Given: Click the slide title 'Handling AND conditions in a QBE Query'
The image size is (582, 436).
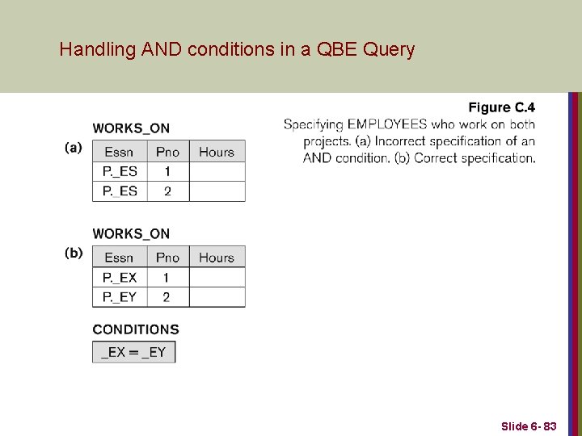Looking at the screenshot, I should coord(237,50).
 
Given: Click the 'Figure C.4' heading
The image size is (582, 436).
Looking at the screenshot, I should coord(501,107).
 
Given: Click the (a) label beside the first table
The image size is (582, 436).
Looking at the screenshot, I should coord(74,148).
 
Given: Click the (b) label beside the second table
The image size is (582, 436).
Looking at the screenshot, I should coord(74,253).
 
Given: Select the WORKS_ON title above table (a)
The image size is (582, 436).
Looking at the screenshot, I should coord(131,128).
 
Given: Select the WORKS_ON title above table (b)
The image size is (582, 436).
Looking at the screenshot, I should coord(131,234).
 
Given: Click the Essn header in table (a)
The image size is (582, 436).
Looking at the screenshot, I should coord(119,152).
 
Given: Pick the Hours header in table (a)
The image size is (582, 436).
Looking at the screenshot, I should coord(216,152).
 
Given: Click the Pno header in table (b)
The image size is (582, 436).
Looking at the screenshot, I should coord(167,258).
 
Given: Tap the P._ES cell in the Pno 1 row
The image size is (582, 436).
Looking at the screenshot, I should coord(120,172).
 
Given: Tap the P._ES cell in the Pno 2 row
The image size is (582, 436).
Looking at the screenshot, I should coord(120,191).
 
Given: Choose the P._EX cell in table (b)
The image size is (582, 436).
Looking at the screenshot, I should coord(120,278).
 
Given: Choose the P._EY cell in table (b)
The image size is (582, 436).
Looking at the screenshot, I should coord(120,297).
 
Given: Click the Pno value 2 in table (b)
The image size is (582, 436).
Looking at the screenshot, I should coord(167,297).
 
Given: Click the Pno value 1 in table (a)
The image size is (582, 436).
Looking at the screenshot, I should coord(167,172).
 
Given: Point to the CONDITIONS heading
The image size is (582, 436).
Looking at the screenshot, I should coord(136,329).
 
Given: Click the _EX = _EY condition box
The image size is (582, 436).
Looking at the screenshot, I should coord(133,352).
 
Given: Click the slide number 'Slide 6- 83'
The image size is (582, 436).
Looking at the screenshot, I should coord(529,426).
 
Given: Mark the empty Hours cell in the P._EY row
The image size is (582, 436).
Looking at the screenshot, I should coord(216,297).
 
